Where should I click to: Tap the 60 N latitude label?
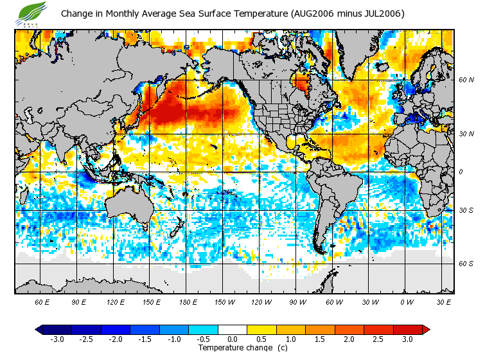(466, 80)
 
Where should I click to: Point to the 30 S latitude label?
(466, 211)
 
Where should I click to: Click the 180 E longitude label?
(188, 302)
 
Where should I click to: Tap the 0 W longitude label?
(407, 302)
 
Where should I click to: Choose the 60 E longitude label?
(42, 302)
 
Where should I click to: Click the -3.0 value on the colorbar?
(57, 339)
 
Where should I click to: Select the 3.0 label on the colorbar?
(407, 339)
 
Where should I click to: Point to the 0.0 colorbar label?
(232, 339)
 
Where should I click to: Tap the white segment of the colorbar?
(233, 330)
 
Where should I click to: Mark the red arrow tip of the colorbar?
(425, 330)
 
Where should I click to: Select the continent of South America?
(334, 193)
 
